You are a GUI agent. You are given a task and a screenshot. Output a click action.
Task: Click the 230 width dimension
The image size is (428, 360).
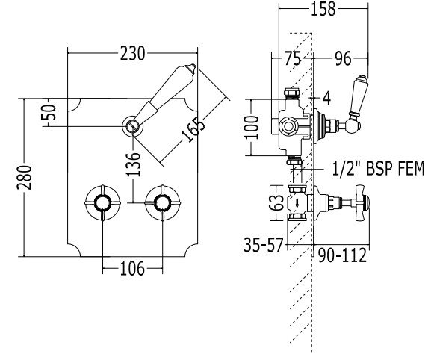(x=132, y=53)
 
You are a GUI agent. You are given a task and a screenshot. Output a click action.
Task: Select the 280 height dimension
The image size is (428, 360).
(x=25, y=178)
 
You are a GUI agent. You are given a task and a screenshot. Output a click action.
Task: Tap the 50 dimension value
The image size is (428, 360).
(x=49, y=112)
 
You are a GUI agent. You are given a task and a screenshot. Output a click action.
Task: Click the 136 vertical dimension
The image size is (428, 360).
(x=134, y=164)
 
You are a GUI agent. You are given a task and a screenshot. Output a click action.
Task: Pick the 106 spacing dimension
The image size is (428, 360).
(x=132, y=269)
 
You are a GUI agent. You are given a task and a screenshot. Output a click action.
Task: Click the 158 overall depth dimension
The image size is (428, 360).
(x=323, y=9)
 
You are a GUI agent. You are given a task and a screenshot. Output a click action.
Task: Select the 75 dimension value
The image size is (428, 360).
(x=293, y=58)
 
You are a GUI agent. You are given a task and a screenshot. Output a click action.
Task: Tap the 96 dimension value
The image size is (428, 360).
(x=343, y=58)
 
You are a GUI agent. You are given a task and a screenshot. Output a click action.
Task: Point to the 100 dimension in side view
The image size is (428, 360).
(x=252, y=128)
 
